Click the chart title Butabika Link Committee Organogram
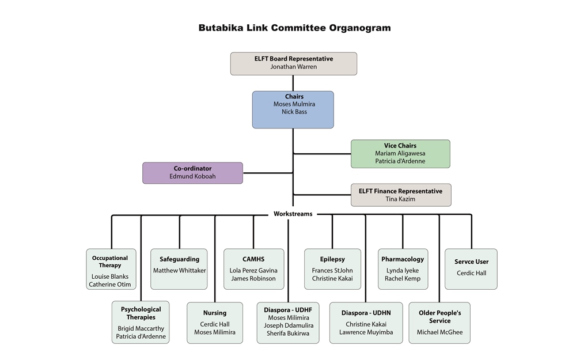pos(294,28)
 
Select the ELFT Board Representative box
pos(293,63)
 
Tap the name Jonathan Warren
pos(293,67)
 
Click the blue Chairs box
pos(293,109)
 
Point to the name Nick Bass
pos(294,112)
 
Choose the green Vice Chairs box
pos(400,154)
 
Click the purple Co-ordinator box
pos(192,173)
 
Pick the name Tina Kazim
pos(400,199)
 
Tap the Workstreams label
pos(293,214)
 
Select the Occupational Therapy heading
pos(110,262)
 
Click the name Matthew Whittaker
pos(179,270)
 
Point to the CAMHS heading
pos(253,259)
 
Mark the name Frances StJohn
pos(332,270)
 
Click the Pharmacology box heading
pos(402,259)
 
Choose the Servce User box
pos(471,268)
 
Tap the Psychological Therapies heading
pos(141,313)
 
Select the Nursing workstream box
pos(214,323)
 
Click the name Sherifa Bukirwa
pos(287,334)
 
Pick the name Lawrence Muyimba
pos(366,332)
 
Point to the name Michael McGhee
pos(439,332)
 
